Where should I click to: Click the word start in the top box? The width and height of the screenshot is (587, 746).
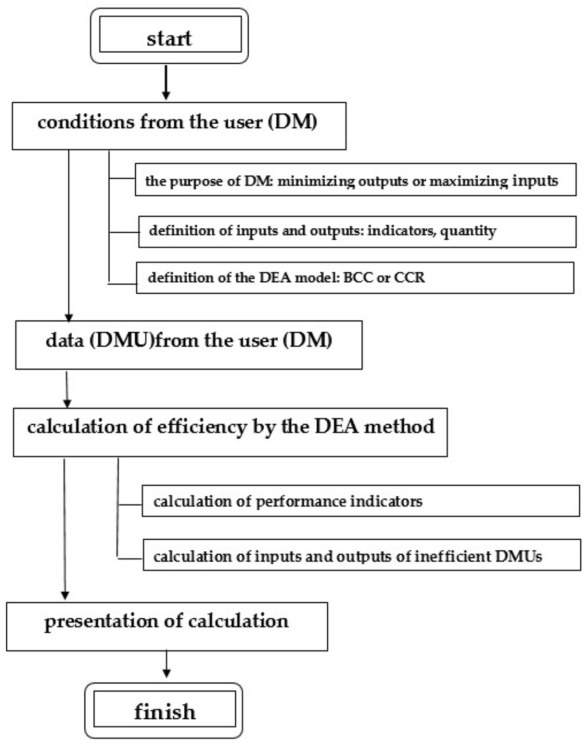(169, 38)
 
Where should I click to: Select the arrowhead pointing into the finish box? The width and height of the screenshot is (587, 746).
(167, 673)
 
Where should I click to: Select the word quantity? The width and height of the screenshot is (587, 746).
(468, 231)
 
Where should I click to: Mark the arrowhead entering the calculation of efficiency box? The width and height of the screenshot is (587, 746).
(67, 404)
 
